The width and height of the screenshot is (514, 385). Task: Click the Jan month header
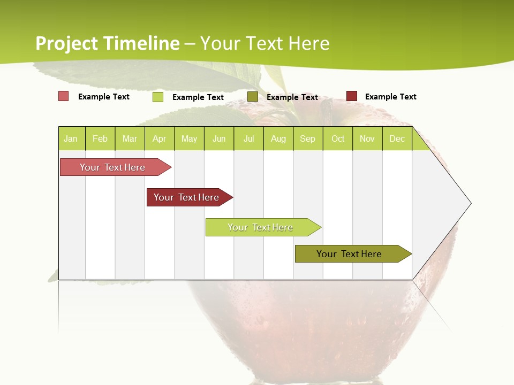tap(71, 138)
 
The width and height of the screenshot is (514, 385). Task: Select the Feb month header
tap(100, 138)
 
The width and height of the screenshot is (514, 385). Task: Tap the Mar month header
tap(130, 138)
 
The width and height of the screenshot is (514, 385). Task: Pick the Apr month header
tap(160, 138)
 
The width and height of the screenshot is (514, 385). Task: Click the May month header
tap(189, 138)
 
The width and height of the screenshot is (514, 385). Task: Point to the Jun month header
tap(219, 138)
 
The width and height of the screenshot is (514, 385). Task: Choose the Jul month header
tap(248, 138)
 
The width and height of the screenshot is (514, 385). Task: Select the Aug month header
tap(278, 138)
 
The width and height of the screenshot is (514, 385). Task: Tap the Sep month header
tap(308, 138)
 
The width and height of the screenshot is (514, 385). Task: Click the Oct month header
tap(338, 138)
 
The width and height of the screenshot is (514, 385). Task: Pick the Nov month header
tap(367, 138)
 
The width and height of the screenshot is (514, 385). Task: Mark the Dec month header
tap(397, 138)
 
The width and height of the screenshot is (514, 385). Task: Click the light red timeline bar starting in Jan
tap(113, 167)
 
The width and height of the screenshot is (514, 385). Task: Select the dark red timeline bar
tap(187, 197)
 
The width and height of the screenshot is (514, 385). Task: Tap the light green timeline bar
tap(261, 227)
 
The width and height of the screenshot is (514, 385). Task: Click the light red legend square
tap(63, 96)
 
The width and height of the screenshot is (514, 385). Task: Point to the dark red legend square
tap(351, 96)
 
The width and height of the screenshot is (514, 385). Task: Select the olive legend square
tap(253, 96)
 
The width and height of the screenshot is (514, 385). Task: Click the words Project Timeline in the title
tap(108, 43)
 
